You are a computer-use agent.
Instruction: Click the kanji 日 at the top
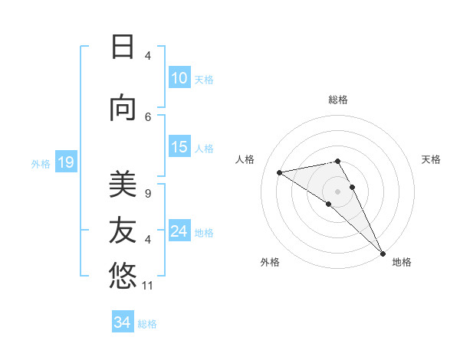click(x=123, y=47)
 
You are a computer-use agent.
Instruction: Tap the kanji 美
click(x=123, y=185)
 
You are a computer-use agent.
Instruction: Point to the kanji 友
click(x=123, y=229)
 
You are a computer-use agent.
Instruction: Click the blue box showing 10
click(x=179, y=78)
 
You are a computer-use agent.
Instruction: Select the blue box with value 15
click(x=179, y=147)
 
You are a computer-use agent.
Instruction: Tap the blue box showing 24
click(x=179, y=231)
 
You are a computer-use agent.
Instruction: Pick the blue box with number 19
click(x=65, y=162)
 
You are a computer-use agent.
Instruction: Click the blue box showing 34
click(x=123, y=322)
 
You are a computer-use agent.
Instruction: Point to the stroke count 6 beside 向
click(x=148, y=116)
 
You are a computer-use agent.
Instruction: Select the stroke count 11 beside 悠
click(x=149, y=286)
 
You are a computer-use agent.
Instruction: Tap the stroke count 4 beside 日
click(x=148, y=56)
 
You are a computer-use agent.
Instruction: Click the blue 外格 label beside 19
click(x=41, y=163)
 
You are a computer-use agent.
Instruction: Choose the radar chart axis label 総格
click(x=337, y=100)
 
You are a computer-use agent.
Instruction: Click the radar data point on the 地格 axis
click(x=383, y=253)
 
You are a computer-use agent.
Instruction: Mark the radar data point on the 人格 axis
click(x=280, y=172)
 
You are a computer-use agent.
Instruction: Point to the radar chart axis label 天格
click(x=432, y=159)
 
